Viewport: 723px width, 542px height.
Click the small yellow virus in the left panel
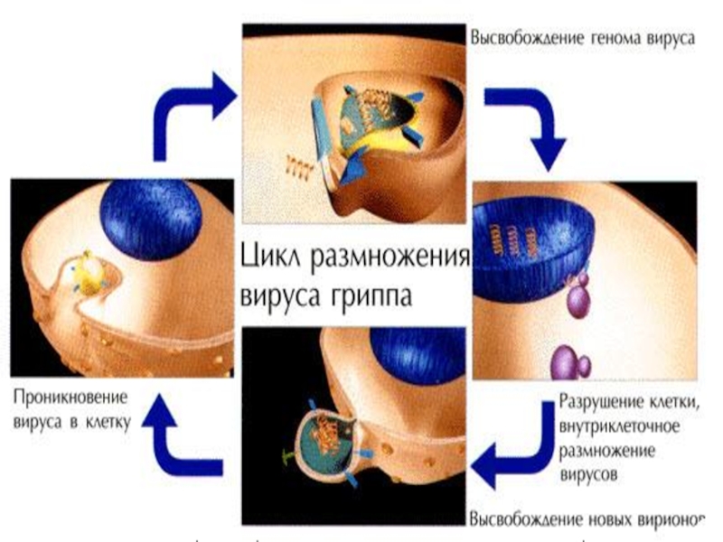click(x=88, y=270)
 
